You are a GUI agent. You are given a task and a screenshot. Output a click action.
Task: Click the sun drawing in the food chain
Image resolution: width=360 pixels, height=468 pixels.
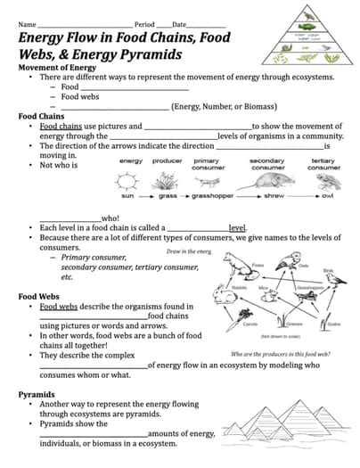pyautogui.click(x=130, y=182)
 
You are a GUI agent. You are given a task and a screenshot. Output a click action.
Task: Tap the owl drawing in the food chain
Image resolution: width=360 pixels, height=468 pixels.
pyautogui.click(x=324, y=182)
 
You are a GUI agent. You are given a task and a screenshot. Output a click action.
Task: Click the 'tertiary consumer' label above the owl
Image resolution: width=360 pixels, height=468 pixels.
pyautogui.click(x=323, y=164)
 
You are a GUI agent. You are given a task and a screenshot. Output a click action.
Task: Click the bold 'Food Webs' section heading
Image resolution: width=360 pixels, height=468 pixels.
pyautogui.click(x=39, y=296)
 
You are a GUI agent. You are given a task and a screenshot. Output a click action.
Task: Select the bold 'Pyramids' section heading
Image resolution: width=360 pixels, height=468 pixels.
pyautogui.click(x=37, y=393)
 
